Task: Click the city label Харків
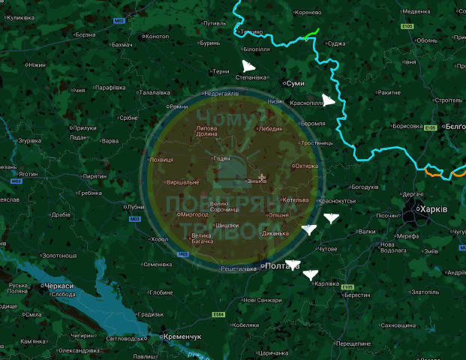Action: click(433, 209)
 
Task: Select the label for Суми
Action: click(295, 82)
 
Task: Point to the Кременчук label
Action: click(184, 337)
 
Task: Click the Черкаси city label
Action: click(59, 286)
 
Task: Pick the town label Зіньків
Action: click(255, 181)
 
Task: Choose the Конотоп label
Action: click(156, 36)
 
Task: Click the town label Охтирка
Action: click(305, 166)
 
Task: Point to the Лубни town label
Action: click(136, 207)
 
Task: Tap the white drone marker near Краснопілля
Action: click(329, 100)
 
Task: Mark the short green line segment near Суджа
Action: click(312, 33)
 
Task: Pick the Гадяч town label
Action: click(222, 158)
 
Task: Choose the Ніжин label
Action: click(36, 65)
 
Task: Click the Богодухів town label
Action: click(365, 187)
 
